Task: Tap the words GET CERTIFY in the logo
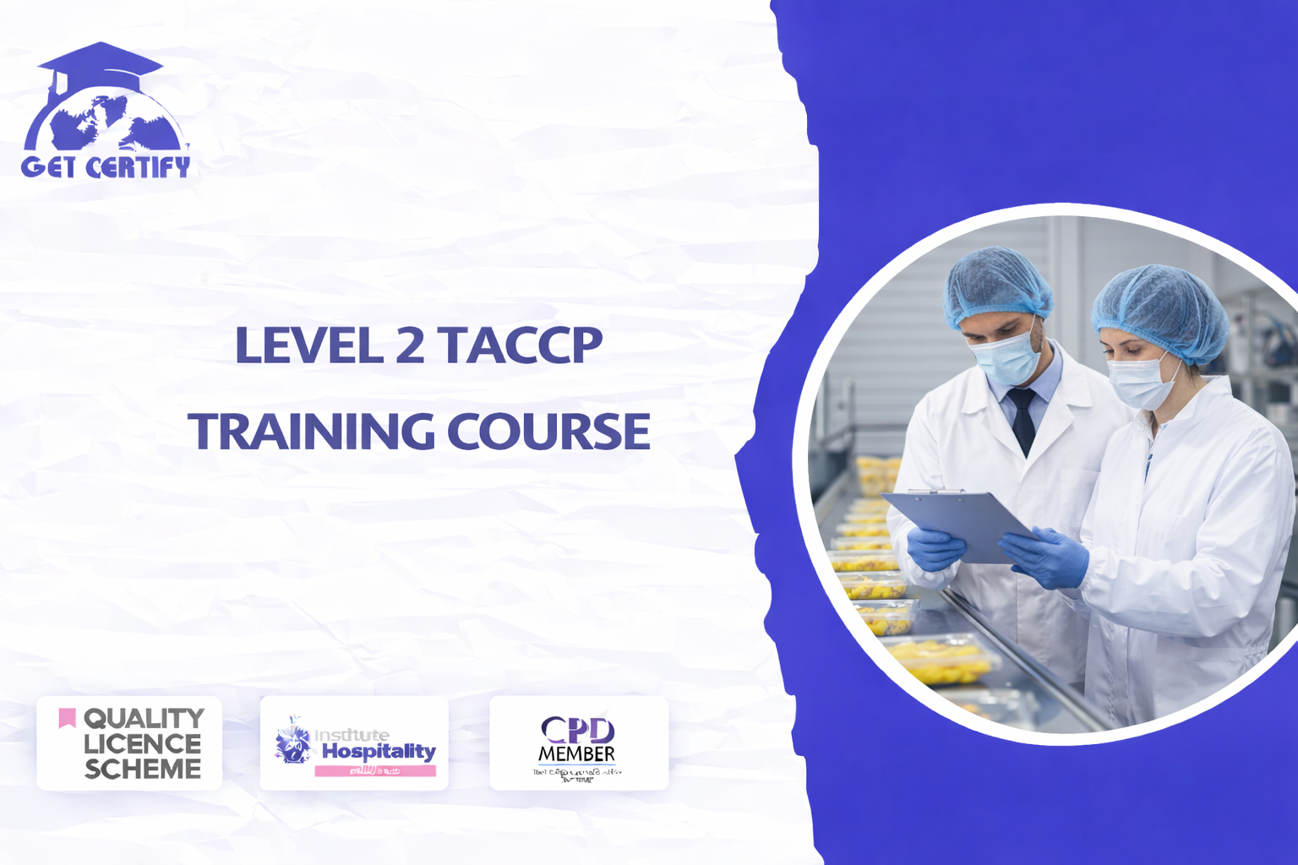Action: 106,166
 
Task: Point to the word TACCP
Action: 520,345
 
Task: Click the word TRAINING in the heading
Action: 311,431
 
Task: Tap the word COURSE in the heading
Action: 548,431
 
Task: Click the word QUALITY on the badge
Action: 144,718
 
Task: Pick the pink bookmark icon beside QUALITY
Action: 67,718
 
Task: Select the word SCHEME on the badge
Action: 143,769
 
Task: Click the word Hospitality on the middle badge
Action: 379,751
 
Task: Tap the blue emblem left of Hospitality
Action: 292,743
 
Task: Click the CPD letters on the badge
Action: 577,729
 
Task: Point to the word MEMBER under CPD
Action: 577,753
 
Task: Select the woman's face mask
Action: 1140,383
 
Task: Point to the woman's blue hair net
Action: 1162,308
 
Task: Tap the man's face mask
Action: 1006,360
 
